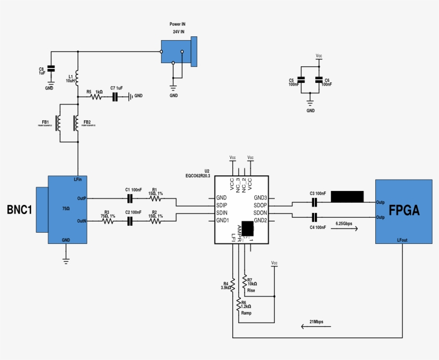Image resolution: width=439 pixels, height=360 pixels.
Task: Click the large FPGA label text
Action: pos(404,210)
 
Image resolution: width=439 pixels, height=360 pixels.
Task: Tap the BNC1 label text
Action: pos(19,210)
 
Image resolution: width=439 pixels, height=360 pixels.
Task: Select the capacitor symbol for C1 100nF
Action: pos(130,198)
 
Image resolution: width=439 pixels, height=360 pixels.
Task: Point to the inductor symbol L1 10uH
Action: pos(78,79)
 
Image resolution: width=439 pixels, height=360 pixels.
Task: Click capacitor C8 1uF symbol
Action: pos(51,69)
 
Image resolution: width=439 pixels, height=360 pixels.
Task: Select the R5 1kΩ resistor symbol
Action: pos(96,97)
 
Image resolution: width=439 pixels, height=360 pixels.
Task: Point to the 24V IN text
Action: pos(178,32)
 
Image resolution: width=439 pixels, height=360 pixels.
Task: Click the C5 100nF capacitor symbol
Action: pos(301,80)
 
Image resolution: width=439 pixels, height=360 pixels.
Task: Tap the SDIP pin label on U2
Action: pos(222,205)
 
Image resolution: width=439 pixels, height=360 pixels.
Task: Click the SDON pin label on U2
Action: pos(260,213)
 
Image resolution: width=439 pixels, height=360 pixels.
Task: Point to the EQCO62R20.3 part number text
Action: pos(198,175)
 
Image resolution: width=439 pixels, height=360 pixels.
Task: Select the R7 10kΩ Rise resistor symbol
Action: pos(245,282)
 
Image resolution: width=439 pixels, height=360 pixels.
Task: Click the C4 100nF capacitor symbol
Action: pos(315,217)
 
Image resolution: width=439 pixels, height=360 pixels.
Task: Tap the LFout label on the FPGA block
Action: pos(402,240)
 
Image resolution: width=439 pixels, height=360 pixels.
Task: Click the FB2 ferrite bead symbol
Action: pos(77,124)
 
